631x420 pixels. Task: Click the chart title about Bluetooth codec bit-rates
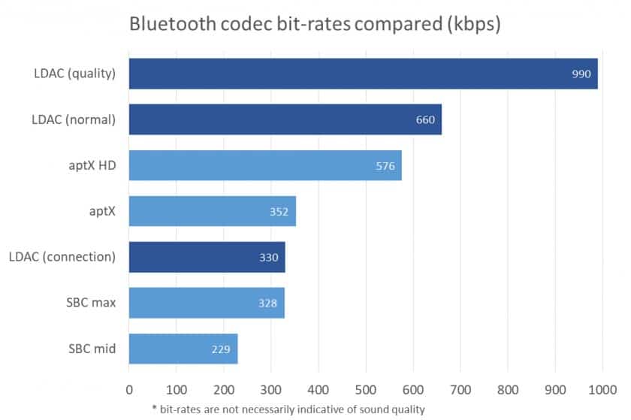[x=315, y=24]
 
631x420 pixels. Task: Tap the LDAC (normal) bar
[x=285, y=119]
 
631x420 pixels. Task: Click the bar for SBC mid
[x=183, y=349]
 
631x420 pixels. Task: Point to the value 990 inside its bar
[x=581, y=74]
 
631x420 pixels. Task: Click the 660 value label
[x=425, y=120]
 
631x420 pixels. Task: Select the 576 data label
[x=385, y=166]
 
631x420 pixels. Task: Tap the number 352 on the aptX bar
[x=279, y=212]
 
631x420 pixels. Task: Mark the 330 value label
[x=268, y=258]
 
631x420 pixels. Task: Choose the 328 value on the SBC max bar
[x=267, y=304]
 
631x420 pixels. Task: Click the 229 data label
[x=221, y=349]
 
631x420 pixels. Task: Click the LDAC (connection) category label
[x=62, y=257]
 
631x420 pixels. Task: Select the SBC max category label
[x=89, y=303]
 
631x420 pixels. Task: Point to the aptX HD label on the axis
[x=92, y=165]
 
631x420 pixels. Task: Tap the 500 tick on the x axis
[x=366, y=390]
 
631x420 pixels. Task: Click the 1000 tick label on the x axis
[x=602, y=390]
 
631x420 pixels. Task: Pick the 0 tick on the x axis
[x=129, y=390]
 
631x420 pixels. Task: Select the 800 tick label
[x=508, y=390]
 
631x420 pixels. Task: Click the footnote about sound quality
[x=288, y=409]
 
